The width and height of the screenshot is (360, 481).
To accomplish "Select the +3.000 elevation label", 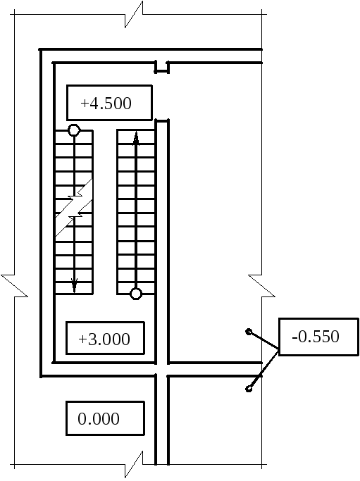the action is (x=105, y=338).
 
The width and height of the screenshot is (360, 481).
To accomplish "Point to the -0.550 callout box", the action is (x=318, y=337).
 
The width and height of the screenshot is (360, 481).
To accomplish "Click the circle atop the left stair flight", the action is (x=74, y=130).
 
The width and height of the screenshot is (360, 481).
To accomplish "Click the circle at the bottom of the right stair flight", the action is (x=136, y=294).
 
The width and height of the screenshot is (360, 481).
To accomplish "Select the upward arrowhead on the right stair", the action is (x=136, y=138).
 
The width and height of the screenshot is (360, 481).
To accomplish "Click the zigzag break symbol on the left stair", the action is (x=74, y=207).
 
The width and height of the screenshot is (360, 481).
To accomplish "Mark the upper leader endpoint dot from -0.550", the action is (x=249, y=332).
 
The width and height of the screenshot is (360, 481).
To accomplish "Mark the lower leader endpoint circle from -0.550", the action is (x=249, y=389).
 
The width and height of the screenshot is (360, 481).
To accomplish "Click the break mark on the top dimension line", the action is (x=134, y=14).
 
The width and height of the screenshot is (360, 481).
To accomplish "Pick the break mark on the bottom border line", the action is (x=134, y=464).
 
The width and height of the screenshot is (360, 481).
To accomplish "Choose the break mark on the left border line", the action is (x=14, y=286).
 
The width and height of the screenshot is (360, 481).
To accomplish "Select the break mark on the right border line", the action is (x=262, y=286).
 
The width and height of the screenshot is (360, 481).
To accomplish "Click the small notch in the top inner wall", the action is (x=162, y=68).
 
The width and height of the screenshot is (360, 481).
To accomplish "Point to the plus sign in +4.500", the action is (x=85, y=104).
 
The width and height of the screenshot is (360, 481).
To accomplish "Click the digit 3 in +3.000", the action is (x=92, y=339).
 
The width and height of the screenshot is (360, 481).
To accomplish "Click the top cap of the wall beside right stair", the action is (x=162, y=120).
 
